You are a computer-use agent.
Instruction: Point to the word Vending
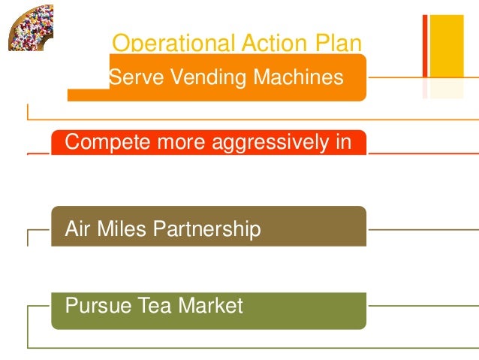(x=206, y=77)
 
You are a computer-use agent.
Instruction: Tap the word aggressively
(x=269, y=142)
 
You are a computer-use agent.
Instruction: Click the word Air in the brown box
(x=77, y=228)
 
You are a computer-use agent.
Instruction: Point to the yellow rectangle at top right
(x=446, y=46)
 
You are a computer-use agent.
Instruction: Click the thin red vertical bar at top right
(x=425, y=46)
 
